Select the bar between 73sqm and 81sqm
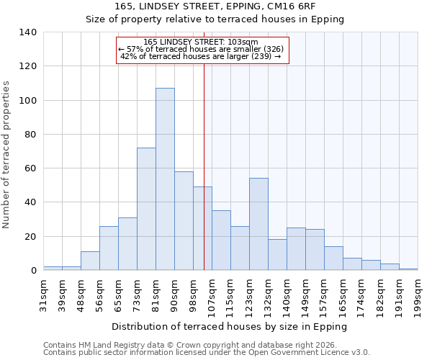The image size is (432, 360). tap(146, 209)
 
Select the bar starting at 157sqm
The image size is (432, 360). tap(333, 258)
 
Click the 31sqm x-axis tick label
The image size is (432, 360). tap(44, 293)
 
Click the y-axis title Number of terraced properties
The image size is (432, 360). tap(7, 154)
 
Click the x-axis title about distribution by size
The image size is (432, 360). tap(230, 326)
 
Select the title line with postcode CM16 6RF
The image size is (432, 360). tap(215, 6)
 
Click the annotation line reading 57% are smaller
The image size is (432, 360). tap(202, 49)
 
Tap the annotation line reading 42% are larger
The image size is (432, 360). tap(202, 56)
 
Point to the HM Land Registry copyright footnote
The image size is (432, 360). tap(194, 345)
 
